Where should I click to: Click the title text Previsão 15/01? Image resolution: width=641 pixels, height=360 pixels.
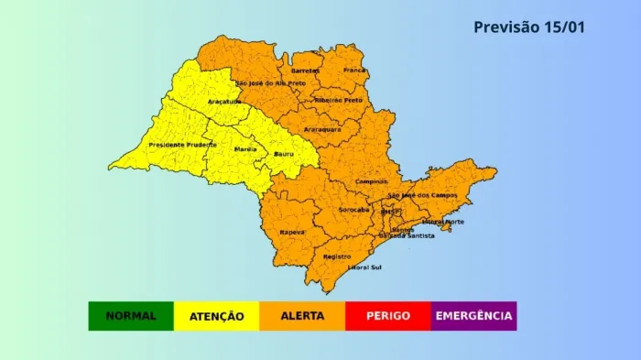pyautogui.click(x=528, y=27)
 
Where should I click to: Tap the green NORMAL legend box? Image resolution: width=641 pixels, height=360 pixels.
pyautogui.click(x=131, y=316)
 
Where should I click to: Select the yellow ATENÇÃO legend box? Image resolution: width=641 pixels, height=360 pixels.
pyautogui.click(x=217, y=316)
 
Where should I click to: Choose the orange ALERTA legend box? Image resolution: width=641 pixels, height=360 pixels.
pyautogui.click(x=302, y=316)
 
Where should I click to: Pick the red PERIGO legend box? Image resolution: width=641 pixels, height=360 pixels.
pyautogui.click(x=387, y=316)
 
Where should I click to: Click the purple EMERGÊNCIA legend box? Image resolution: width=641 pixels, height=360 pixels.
pyautogui.click(x=473, y=316)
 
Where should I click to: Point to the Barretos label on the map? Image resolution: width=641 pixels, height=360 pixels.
pyautogui.click(x=305, y=71)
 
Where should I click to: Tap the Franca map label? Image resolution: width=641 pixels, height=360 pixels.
pyautogui.click(x=353, y=70)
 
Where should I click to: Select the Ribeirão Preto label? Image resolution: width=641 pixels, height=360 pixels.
pyautogui.click(x=338, y=100)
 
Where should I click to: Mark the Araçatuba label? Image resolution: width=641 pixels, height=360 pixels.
pyautogui.click(x=224, y=101)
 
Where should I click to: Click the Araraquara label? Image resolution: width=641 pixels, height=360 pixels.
pyautogui.click(x=322, y=129)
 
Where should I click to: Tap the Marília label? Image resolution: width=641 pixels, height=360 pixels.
pyautogui.click(x=245, y=148)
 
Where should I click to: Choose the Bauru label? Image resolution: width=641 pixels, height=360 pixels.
pyautogui.click(x=284, y=154)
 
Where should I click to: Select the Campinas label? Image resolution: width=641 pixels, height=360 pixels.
pyautogui.click(x=371, y=181)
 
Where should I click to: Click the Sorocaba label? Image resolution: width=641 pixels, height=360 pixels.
pyautogui.click(x=353, y=210)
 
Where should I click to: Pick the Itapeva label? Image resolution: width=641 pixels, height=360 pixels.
pyautogui.click(x=292, y=233)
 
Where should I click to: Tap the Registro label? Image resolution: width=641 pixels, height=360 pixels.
pyautogui.click(x=337, y=257)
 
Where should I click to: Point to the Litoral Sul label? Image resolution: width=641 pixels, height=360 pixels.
pyautogui.click(x=364, y=267)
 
